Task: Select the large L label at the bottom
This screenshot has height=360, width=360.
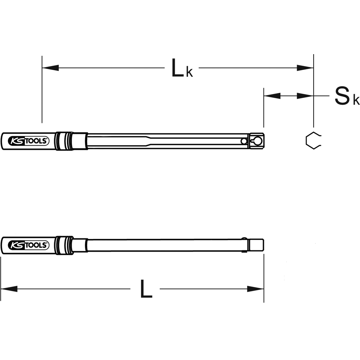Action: pyautogui.click(x=146, y=289)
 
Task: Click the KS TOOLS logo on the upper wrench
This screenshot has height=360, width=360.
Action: pyautogui.click(x=28, y=141)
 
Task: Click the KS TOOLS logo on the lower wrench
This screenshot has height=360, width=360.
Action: pyautogui.click(x=28, y=245)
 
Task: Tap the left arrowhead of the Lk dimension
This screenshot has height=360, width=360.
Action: pyautogui.click(x=50, y=68)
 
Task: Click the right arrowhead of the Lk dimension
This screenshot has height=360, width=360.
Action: pyautogui.click(x=305, y=68)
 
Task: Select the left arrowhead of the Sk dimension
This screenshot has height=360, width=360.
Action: pyautogui.click(x=272, y=96)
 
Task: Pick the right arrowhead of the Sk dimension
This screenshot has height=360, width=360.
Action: pyautogui.click(x=305, y=96)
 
